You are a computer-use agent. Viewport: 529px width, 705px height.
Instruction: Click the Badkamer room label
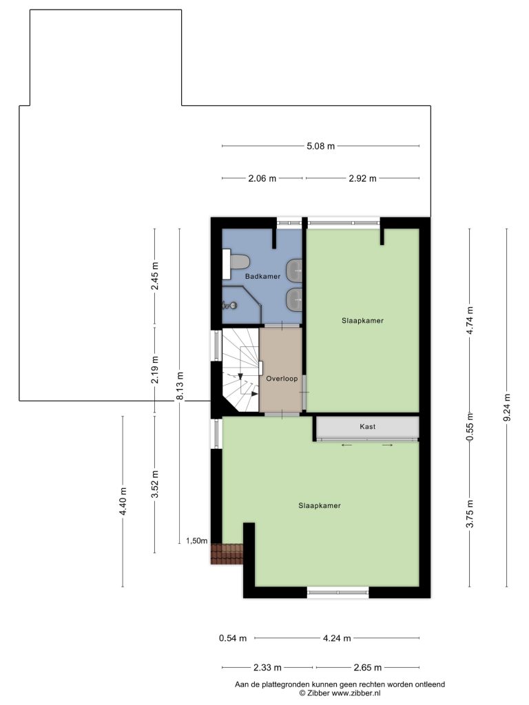[x=262, y=277]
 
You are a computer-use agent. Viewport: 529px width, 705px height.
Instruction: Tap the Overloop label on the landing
[x=282, y=379]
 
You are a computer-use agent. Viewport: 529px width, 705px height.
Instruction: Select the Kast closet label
[x=368, y=426]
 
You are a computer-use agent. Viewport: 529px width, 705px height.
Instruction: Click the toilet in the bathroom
[x=237, y=261]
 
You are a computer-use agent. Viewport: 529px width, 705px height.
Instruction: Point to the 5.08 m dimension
[x=321, y=146]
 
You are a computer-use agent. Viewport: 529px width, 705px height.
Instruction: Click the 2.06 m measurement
[x=262, y=178]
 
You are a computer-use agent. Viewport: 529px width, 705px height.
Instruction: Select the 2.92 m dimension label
[x=362, y=178]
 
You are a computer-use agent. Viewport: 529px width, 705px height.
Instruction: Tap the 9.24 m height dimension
[x=508, y=408]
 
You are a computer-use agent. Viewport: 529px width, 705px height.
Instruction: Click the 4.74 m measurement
[x=470, y=320]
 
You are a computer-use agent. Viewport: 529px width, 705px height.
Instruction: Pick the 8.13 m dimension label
[x=180, y=386]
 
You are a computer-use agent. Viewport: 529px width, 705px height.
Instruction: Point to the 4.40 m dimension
[x=123, y=501]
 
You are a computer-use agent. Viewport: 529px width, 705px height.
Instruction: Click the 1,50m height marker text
[x=197, y=541]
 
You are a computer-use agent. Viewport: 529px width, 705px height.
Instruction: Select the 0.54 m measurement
[x=233, y=638]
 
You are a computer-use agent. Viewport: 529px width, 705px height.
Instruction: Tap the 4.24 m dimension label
[x=337, y=638]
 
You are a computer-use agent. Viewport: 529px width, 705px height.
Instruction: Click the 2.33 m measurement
[x=267, y=668]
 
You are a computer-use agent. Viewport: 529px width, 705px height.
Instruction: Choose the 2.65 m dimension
[x=368, y=668]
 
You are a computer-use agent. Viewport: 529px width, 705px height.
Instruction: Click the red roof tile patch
[x=227, y=554]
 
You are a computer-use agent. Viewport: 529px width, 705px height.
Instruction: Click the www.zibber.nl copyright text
[x=356, y=693]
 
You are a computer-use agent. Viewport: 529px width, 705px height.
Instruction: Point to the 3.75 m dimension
[x=470, y=514]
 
